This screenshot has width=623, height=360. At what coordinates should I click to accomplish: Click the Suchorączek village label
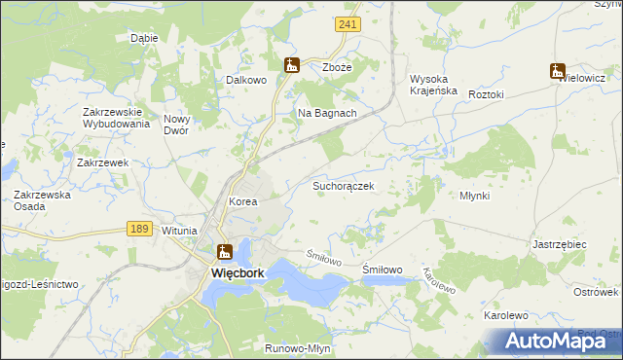tap(343, 184)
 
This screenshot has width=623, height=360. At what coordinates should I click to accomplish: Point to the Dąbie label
tap(144, 39)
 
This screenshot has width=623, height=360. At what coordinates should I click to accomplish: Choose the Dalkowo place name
tap(246, 81)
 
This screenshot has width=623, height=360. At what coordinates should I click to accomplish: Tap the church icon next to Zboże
tap(291, 65)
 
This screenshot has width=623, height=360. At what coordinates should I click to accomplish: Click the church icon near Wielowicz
tap(557, 70)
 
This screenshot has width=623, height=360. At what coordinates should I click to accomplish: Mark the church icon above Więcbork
tap(225, 252)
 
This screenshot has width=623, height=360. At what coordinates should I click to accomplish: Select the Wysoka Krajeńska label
tap(433, 85)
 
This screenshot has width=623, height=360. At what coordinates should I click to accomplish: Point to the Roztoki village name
tap(486, 94)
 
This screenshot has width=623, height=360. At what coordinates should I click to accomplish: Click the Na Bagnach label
tap(327, 113)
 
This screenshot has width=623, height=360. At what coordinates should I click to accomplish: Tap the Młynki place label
tap(474, 196)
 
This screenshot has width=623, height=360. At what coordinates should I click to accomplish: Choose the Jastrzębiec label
tap(560, 245)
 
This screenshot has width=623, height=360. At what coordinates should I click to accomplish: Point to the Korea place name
tap(242, 201)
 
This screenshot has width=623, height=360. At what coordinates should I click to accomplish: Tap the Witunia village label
tap(179, 231)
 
